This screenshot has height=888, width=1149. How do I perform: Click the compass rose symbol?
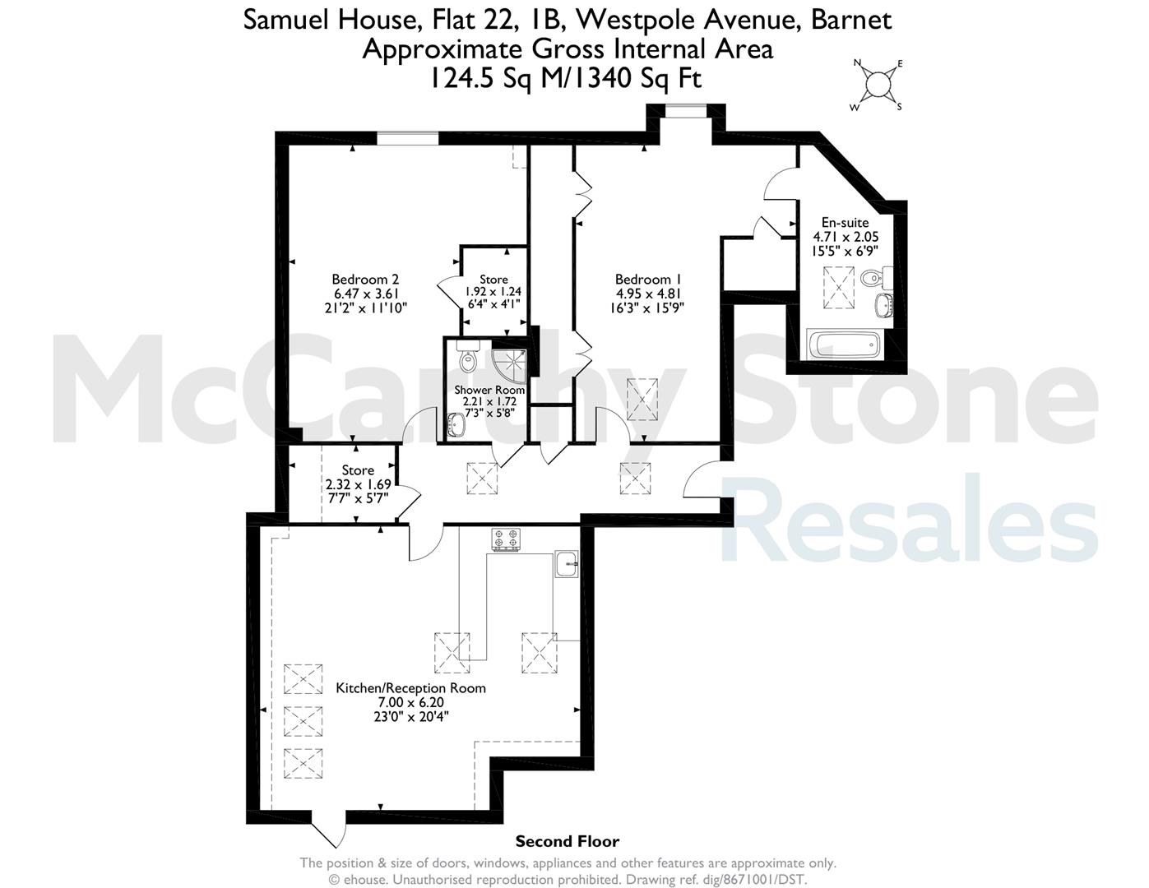(878, 85)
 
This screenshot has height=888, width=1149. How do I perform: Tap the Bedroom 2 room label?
(365, 279)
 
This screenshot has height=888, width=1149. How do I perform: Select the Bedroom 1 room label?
(648, 279)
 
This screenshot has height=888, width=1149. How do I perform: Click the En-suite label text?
(845, 223)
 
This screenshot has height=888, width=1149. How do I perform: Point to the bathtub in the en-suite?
(843, 345)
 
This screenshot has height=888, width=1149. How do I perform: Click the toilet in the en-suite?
(876, 277)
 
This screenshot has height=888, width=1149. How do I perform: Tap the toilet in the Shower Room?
(468, 356)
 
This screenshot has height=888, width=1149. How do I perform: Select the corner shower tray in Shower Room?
(510, 366)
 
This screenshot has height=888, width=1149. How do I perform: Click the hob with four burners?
(506, 539)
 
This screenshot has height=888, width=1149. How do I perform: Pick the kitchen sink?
(567, 565)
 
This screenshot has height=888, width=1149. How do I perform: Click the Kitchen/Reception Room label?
(411, 688)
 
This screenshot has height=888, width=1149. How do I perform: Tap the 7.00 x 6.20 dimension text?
(410, 702)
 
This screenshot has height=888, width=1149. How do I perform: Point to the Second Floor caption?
(568, 841)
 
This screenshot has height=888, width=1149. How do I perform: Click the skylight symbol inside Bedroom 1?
(642, 399)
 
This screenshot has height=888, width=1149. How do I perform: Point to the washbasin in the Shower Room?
(456, 425)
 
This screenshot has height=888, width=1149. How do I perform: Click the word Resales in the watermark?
(909, 517)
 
